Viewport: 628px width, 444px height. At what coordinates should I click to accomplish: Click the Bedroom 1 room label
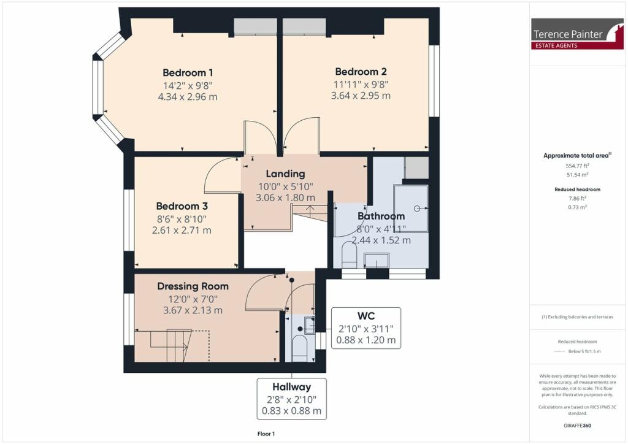click(188, 73)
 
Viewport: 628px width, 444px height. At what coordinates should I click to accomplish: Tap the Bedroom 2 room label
click(361, 72)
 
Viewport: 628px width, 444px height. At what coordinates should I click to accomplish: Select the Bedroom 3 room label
click(182, 206)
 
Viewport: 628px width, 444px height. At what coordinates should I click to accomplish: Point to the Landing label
click(286, 174)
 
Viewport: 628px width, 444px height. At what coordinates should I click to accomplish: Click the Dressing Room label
click(193, 286)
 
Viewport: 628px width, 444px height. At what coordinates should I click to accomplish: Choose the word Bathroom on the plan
click(381, 216)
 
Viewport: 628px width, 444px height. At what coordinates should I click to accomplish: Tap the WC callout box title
click(366, 316)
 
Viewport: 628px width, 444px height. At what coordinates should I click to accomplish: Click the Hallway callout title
click(291, 387)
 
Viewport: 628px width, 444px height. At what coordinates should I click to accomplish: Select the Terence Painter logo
click(577, 34)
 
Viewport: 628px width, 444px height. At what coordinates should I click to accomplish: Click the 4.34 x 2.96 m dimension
click(188, 97)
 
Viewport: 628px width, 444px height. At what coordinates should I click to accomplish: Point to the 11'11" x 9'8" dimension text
click(361, 85)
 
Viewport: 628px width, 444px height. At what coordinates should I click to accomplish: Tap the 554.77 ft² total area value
click(577, 166)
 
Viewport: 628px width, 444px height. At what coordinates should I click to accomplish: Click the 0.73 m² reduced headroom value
click(577, 207)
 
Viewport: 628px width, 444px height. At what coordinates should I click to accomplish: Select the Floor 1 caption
click(266, 434)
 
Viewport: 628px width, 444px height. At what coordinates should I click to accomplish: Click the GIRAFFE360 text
click(577, 425)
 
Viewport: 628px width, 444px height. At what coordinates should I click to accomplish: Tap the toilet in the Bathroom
click(349, 255)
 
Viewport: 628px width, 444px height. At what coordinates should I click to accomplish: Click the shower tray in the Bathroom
click(411, 208)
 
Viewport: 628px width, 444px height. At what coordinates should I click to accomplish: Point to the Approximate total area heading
click(577, 155)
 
